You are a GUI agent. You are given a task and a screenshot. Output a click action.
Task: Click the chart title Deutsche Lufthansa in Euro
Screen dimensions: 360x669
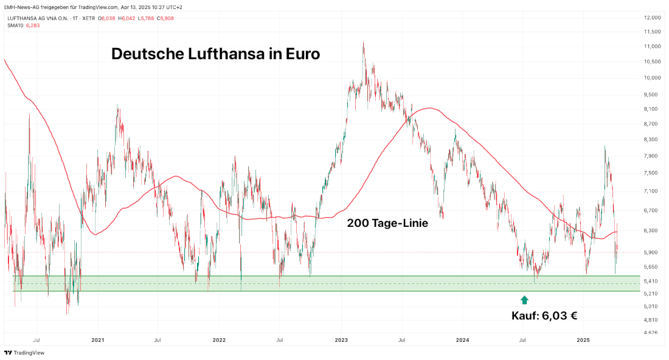(x=215, y=54)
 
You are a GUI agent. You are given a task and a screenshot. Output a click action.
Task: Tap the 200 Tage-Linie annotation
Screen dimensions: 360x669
(x=387, y=223)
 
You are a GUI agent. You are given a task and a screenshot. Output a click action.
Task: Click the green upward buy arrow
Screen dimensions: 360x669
(x=524, y=299)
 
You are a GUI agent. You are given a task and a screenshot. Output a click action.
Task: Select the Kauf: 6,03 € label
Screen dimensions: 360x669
(x=544, y=315)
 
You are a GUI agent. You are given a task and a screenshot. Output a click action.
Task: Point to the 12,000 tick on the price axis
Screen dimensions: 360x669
(x=652, y=17)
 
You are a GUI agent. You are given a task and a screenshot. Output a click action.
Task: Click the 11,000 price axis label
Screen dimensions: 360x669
(x=652, y=46)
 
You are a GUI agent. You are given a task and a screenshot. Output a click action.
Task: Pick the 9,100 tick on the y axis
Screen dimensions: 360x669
(x=652, y=109)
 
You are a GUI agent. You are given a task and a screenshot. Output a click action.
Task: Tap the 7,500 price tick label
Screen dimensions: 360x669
(x=652, y=173)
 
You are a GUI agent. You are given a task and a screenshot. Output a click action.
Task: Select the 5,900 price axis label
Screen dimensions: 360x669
(x=652, y=252)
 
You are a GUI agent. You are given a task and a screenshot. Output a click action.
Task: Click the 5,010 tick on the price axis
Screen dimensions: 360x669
(x=652, y=306)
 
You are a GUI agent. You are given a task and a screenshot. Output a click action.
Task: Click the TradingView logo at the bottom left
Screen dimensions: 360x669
(x=24, y=353)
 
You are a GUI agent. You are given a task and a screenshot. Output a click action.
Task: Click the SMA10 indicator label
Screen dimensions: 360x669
(x=16, y=26)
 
